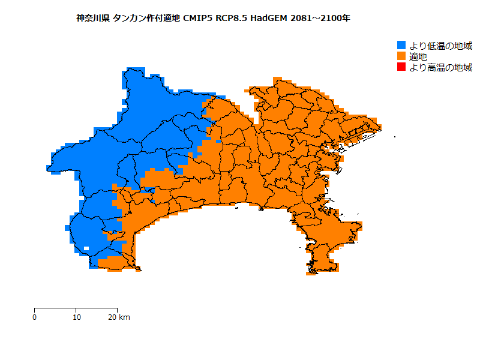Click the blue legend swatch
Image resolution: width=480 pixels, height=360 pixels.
401,46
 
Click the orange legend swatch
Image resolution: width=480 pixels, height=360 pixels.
401,56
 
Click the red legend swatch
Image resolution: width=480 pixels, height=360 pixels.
401,67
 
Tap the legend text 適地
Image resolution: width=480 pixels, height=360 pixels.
418,56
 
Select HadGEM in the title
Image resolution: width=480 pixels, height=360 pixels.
269,18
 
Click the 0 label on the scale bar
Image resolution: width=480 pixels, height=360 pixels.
35,317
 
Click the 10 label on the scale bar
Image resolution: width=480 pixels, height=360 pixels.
76,317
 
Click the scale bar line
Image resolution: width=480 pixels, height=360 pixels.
76,308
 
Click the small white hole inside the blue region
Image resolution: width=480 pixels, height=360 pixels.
86,248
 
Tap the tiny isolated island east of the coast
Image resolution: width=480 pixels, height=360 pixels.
395,137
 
